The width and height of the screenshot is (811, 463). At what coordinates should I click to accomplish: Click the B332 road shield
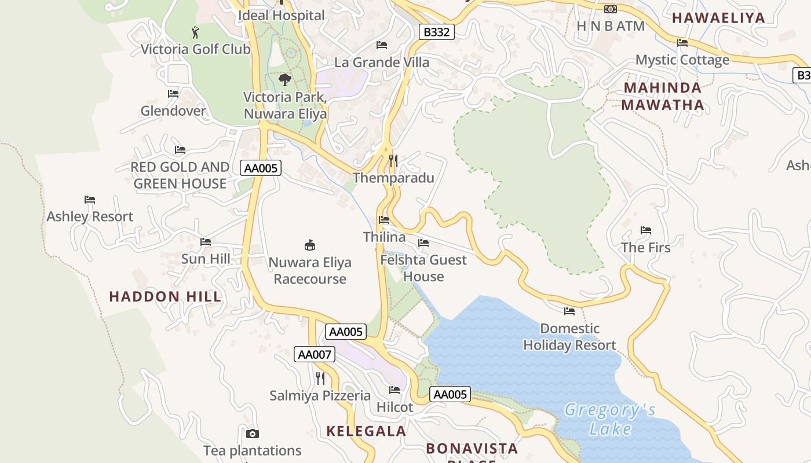[x=436, y=32]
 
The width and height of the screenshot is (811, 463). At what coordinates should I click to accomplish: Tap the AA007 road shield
[x=315, y=354]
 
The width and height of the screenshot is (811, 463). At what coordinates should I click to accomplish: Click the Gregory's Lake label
[x=610, y=420]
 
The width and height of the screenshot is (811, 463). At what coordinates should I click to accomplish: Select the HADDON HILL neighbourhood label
[x=165, y=297]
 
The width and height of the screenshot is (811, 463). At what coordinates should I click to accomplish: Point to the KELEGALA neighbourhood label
[x=366, y=431]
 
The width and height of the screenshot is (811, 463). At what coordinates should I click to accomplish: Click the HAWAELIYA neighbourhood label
[x=718, y=18]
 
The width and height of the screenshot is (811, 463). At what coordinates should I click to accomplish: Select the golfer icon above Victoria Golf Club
[x=195, y=32]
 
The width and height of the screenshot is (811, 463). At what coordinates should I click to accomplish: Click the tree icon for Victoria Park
[x=284, y=80]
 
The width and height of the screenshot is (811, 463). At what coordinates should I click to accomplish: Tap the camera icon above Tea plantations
[x=252, y=433]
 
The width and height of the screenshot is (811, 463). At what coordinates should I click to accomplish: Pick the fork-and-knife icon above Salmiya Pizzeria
[x=320, y=379]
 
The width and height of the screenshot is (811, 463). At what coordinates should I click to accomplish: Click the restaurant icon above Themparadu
[x=393, y=161]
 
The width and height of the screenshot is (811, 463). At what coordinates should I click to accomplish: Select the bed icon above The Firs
[x=646, y=230]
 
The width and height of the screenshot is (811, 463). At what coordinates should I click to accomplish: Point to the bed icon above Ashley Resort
[x=90, y=200]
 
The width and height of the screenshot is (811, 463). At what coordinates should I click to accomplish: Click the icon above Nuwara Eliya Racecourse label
[x=310, y=245]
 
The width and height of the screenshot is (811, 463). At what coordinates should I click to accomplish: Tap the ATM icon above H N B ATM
[x=611, y=9]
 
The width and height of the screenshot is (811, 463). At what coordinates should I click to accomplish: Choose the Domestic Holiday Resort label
[x=569, y=337]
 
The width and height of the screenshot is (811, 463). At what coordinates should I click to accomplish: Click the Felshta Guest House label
[x=423, y=268]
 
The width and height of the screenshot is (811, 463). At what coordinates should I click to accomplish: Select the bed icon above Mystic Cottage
[x=682, y=43]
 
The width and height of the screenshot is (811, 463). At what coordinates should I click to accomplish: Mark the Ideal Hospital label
[x=282, y=16]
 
